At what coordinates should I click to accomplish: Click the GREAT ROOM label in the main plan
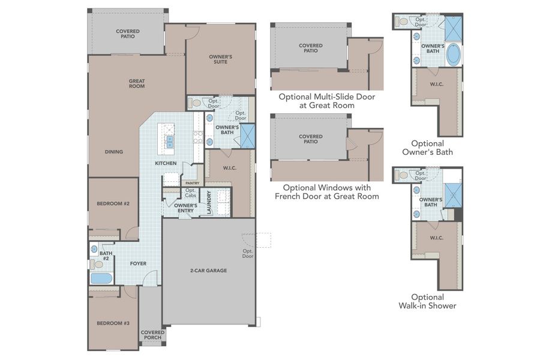(137, 83)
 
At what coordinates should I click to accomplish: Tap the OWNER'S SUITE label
(220, 59)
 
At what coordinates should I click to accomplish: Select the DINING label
(114, 152)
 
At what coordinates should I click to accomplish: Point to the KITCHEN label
(166, 163)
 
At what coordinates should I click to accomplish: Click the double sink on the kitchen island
(170, 142)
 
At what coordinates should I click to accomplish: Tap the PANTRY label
(192, 183)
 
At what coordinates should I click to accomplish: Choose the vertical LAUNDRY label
(209, 203)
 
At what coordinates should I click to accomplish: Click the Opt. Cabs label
(190, 193)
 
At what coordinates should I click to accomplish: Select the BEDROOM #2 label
(113, 203)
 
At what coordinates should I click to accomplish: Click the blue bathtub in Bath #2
(101, 279)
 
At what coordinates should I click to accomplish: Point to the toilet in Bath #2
(98, 264)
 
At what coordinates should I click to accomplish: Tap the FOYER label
(139, 263)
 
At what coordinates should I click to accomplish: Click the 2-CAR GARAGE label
(208, 271)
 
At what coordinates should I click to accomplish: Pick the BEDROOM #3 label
(113, 323)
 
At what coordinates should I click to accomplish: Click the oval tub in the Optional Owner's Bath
(453, 56)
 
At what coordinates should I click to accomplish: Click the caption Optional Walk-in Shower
(427, 301)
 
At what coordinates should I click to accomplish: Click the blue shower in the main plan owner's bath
(247, 136)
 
